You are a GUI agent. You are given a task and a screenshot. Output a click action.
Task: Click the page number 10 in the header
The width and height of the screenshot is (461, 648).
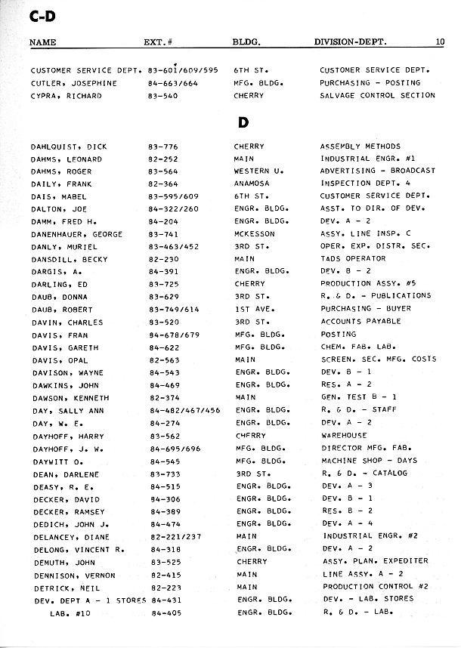pos(440,42)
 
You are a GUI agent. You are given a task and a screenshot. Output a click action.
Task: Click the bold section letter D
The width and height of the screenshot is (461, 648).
pos(243,122)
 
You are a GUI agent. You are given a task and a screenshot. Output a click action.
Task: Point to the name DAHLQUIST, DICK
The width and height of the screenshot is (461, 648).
pos(68,147)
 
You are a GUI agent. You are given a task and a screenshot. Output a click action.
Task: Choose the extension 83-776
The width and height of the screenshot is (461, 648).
pos(164,147)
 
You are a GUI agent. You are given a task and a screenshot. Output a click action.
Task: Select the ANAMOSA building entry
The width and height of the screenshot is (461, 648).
pos(253,184)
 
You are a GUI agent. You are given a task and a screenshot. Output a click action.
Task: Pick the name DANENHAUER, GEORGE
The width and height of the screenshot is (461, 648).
pos(76,234)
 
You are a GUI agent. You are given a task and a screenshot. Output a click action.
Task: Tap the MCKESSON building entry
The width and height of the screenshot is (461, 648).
pos(255,234)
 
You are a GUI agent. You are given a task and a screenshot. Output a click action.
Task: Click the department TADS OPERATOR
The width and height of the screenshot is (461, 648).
pos(354,259)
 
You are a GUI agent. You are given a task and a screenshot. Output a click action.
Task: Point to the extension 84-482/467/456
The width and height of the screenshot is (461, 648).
pos(185,410)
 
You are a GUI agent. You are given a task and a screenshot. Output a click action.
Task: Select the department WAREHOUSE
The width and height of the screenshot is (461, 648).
pos(344,436)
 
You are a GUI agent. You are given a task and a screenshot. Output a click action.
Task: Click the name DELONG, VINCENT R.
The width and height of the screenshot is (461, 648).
pos(78,549)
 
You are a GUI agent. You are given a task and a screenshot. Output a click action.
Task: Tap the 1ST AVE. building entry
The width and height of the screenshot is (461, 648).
pos(252,309)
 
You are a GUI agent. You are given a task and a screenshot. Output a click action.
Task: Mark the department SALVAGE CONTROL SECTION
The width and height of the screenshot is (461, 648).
pos(377,96)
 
